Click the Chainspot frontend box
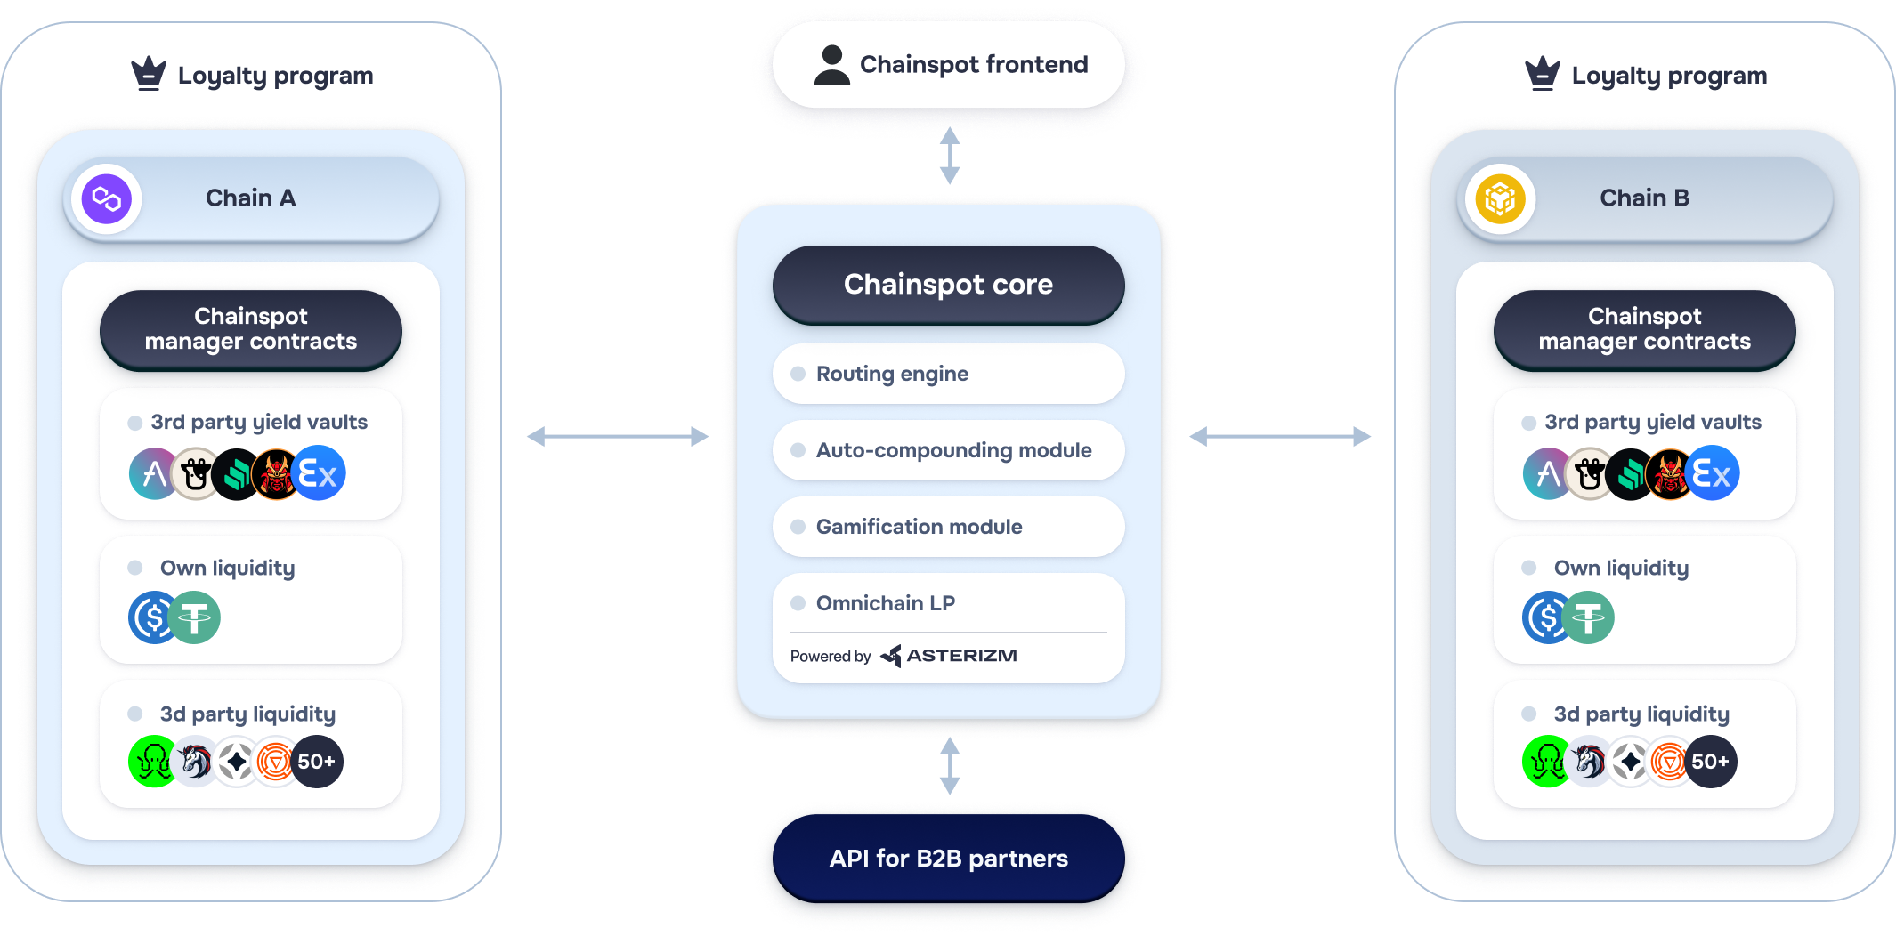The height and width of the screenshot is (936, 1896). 949,64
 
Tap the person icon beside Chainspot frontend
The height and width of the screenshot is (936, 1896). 831,65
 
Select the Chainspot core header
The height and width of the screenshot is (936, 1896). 949,285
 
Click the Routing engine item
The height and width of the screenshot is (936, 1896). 949,374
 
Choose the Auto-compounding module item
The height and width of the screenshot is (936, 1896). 949,450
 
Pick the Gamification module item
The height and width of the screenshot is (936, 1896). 949,527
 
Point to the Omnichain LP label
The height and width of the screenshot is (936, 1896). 885,603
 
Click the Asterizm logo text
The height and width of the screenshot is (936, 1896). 960,656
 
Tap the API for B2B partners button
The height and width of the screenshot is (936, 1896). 949,858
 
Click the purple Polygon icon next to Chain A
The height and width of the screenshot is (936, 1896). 107,198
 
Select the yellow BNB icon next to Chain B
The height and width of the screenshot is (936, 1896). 1500,198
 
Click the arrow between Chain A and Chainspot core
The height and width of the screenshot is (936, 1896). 618,436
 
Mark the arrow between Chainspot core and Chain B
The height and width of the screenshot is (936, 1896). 1280,436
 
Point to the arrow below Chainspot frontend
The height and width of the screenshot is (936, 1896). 950,156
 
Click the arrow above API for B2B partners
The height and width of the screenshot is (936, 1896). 950,765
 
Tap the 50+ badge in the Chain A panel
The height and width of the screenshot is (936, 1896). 317,762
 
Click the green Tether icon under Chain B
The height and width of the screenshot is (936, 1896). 1589,617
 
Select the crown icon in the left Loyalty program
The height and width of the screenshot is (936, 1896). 149,74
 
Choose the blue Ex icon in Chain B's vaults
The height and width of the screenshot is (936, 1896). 1712,473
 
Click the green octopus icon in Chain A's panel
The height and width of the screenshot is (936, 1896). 154,762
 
